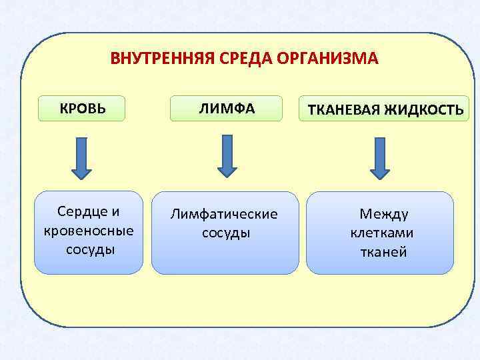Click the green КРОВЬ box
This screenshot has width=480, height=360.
coord(82,108)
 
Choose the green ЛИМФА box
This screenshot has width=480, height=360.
coord(226,109)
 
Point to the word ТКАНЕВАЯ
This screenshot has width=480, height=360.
coord(342,110)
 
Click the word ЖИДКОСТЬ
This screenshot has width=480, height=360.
coord(423,110)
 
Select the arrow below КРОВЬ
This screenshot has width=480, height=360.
coord(81,158)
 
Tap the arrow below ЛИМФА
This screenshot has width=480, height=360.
coord(227,155)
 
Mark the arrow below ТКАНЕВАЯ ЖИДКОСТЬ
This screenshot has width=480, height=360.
coord(380,158)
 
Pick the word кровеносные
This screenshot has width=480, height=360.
coord(88,231)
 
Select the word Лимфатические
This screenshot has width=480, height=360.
coord(224,215)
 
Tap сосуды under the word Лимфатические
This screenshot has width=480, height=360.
coord(226,233)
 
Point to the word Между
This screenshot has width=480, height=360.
coord(384,214)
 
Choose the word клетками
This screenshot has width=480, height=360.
coord(382,233)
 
